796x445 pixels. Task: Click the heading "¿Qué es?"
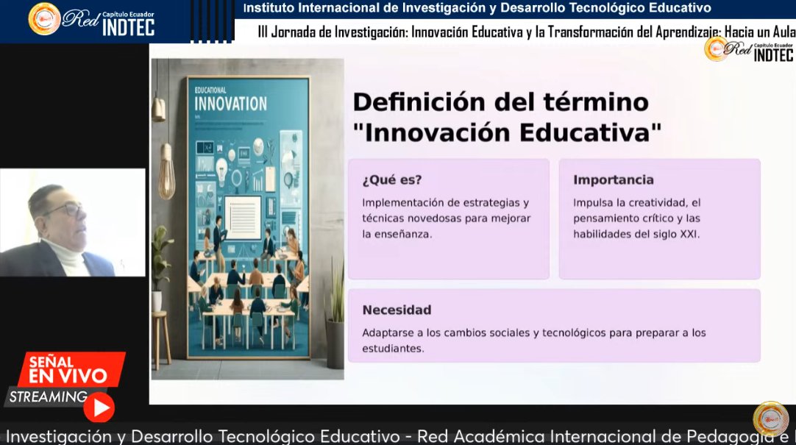(x=391, y=180)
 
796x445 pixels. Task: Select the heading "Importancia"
(x=613, y=180)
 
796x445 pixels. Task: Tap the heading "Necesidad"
(x=397, y=310)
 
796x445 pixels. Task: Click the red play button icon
(x=99, y=407)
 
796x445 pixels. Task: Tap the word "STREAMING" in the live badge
(x=49, y=397)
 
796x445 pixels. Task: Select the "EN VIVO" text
(x=68, y=377)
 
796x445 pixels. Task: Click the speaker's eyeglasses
(x=64, y=210)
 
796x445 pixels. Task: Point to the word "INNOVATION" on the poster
(x=230, y=103)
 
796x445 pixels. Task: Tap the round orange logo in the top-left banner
(x=44, y=19)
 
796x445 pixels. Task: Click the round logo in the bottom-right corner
(x=770, y=419)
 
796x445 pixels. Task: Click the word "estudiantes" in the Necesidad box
(x=392, y=349)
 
